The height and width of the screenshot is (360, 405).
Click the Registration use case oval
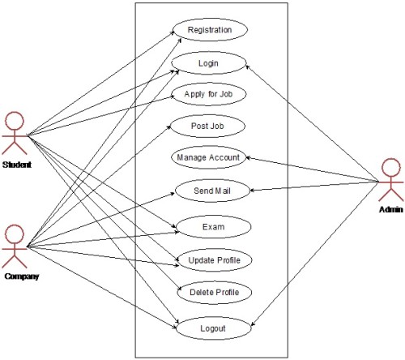tap(210, 30)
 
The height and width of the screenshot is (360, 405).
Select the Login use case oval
tap(209, 62)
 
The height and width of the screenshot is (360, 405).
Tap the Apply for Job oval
tap(210, 93)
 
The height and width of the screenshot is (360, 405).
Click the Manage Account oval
tap(209, 157)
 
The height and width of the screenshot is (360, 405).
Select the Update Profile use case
tap(215, 259)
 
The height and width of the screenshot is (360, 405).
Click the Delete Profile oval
tap(214, 292)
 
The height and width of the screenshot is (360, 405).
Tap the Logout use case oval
tap(213, 329)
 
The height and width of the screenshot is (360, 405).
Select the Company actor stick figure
tap(15, 246)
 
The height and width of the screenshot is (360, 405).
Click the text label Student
tap(16, 165)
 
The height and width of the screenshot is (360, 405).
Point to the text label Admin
tap(390, 210)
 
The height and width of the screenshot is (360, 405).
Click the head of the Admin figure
tap(391, 165)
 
